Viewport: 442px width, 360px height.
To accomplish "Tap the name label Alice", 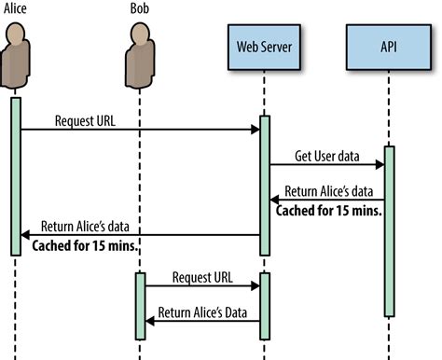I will point(14,8).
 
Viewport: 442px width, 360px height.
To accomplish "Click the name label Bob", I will point(140,8).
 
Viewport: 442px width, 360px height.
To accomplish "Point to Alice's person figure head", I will point(16,34).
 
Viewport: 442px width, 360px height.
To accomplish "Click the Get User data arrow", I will point(326,165).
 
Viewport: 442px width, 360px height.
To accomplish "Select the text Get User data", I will point(326,154).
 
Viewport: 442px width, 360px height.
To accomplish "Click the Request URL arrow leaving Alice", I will point(140,130).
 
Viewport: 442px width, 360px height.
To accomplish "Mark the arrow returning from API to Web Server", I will point(326,201).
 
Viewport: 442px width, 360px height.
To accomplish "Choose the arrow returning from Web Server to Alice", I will point(140,235).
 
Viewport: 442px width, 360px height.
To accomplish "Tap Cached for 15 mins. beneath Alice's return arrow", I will point(86,247).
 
